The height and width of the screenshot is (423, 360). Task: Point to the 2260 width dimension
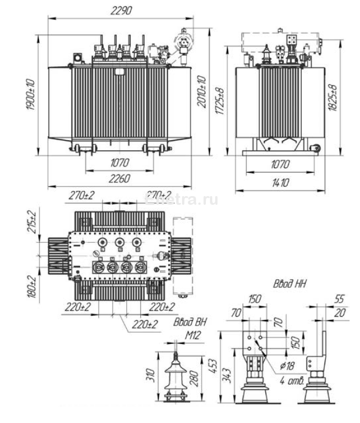[119, 179]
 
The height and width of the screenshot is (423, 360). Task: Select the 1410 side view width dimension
[279, 183]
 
